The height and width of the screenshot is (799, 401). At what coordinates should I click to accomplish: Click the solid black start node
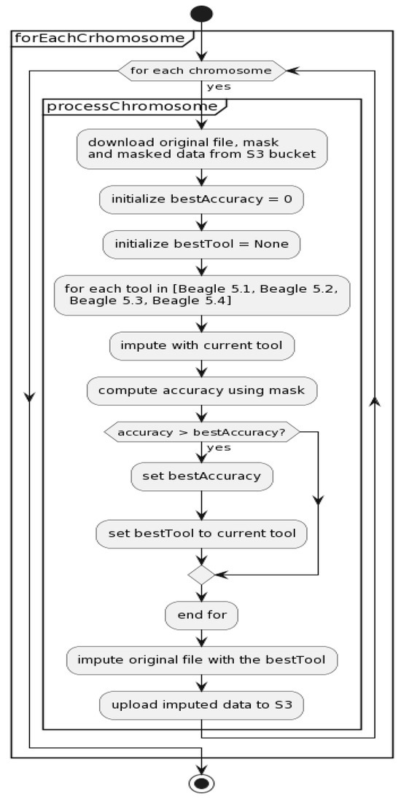coord(201,14)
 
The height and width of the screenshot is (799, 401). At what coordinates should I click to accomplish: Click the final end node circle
coord(201,783)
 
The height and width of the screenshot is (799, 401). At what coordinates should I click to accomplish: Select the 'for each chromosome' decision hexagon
coord(201,71)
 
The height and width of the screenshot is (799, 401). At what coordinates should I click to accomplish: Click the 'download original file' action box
coord(201,149)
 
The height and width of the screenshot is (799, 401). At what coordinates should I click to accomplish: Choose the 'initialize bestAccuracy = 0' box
coord(201,199)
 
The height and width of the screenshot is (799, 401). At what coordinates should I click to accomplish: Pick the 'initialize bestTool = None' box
coord(201,244)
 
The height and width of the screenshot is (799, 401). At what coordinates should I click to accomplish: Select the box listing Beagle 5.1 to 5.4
coord(201,294)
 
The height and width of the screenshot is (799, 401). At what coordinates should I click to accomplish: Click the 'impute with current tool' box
coord(201,345)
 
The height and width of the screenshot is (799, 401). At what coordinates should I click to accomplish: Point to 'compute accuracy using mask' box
coord(201,390)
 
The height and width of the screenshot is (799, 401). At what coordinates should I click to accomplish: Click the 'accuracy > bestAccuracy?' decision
coord(201,432)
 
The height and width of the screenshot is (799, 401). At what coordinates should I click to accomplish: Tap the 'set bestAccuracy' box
coord(201,477)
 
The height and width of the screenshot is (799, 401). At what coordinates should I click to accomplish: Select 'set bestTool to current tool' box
coord(201,533)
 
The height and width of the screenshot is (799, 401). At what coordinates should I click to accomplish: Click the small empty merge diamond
coord(201,575)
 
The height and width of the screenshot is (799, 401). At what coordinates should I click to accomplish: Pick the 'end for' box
coord(201,615)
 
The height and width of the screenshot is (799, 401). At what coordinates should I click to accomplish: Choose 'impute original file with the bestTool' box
coord(201,661)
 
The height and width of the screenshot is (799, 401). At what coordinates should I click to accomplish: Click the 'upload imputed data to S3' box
coord(201,704)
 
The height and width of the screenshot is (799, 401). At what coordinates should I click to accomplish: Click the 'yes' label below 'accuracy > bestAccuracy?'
coord(219,448)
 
